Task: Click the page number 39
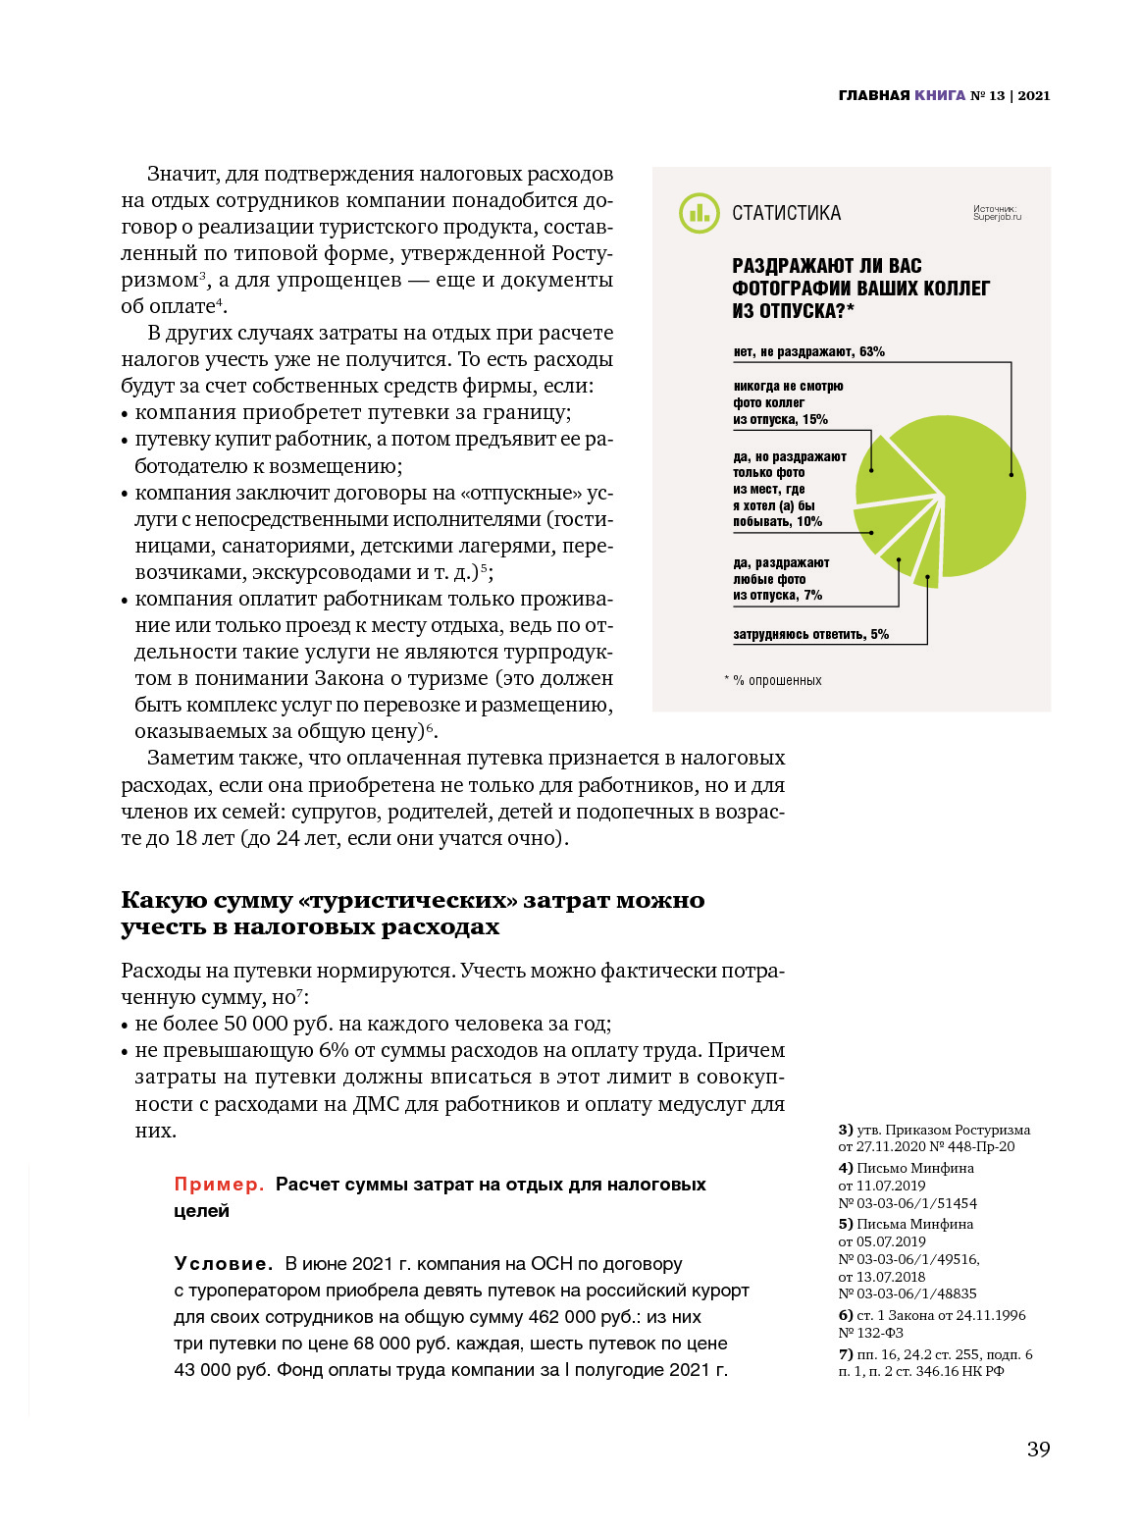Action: (x=1038, y=1450)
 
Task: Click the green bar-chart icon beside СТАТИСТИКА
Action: (x=699, y=213)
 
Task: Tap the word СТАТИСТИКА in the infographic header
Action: (x=786, y=213)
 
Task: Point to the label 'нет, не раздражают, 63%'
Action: (x=808, y=351)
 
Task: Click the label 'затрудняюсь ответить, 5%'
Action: (x=810, y=635)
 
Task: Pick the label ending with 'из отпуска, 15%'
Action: (x=780, y=419)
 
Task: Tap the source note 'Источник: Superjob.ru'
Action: (x=996, y=213)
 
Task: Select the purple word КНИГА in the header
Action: (x=940, y=95)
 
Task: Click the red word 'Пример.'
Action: (x=219, y=1185)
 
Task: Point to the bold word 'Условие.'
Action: (x=223, y=1264)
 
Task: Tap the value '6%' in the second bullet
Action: (x=334, y=1050)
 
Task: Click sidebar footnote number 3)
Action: (x=845, y=1130)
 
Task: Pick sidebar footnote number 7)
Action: (x=845, y=1354)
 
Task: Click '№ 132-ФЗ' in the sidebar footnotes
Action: (x=870, y=1333)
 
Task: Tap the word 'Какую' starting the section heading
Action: (x=158, y=901)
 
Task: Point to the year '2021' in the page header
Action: (x=1034, y=95)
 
